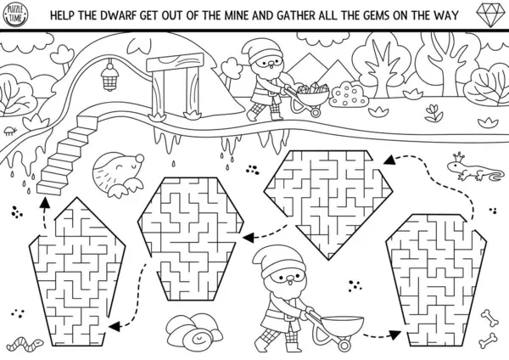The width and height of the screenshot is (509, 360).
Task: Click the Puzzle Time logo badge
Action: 15,14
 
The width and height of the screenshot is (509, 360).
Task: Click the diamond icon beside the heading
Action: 490,15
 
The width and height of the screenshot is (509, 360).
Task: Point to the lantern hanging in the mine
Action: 109,77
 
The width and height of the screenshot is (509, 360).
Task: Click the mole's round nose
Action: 140,159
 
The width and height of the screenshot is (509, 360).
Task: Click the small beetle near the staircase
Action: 10,130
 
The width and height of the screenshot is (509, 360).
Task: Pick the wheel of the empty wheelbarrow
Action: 344,345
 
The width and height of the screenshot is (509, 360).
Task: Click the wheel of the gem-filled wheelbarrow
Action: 315,112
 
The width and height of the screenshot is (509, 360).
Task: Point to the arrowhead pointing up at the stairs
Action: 45,202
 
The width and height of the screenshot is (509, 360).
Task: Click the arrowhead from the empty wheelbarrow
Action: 394,335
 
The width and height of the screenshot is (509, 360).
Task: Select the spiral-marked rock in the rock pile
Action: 199,339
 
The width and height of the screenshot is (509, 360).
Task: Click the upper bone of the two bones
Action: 489,318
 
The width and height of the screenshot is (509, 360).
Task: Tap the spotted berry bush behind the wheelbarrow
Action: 348,94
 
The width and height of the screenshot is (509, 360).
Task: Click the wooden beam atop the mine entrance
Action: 175,62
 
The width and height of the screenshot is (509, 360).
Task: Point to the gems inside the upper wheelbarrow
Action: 312,88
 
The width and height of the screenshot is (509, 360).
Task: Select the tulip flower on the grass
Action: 433,112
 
